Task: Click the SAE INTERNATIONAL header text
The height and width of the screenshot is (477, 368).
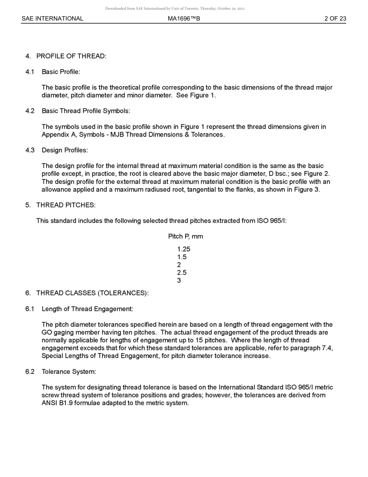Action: click(x=52, y=19)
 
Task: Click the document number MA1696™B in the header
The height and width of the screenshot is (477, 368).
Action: click(x=184, y=19)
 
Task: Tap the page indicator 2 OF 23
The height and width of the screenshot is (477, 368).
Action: click(x=335, y=19)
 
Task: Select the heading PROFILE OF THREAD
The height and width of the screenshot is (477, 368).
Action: click(x=71, y=56)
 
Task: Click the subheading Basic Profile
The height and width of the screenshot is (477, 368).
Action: click(x=61, y=72)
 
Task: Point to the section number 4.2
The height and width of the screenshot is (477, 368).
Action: click(x=30, y=111)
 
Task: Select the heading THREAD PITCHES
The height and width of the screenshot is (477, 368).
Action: click(x=66, y=205)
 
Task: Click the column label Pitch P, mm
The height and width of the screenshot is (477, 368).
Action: click(x=186, y=237)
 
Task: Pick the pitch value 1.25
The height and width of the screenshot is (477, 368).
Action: click(x=184, y=249)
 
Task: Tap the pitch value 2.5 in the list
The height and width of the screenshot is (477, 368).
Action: click(x=182, y=273)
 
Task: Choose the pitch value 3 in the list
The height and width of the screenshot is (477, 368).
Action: click(x=179, y=280)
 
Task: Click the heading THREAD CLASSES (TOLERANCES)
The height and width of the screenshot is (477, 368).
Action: click(x=92, y=293)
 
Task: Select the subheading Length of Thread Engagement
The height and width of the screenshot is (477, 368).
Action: click(x=87, y=309)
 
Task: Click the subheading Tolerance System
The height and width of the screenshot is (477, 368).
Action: click(x=69, y=372)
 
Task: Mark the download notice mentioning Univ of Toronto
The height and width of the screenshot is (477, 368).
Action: click(x=175, y=9)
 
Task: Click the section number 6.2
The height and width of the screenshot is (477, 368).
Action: click(x=30, y=372)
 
